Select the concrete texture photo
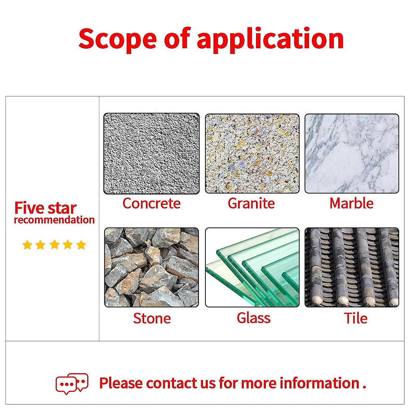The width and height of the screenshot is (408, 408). click(x=151, y=154)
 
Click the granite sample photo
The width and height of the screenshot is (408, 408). click(x=252, y=154)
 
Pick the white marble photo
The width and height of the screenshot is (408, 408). click(x=352, y=154)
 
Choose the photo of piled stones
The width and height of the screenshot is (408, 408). click(x=151, y=268)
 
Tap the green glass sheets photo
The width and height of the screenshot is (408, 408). click(x=252, y=268)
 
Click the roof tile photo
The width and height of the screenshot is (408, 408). click(x=352, y=268)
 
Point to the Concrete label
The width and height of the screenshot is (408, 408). click(x=151, y=203)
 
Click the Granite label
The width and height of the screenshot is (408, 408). click(x=251, y=203)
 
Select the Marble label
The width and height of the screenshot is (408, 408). click(x=351, y=203)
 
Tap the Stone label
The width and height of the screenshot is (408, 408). click(x=152, y=318)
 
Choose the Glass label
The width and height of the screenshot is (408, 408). click(x=254, y=318)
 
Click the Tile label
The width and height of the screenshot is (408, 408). click(x=356, y=318)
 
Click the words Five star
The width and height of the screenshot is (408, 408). click(x=45, y=208)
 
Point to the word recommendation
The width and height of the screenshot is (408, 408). click(x=54, y=220)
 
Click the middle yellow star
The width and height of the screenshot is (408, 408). click(x=54, y=244)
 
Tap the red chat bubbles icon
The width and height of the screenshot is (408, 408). click(x=72, y=384)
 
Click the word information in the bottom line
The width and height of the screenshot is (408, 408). click(x=319, y=383)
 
